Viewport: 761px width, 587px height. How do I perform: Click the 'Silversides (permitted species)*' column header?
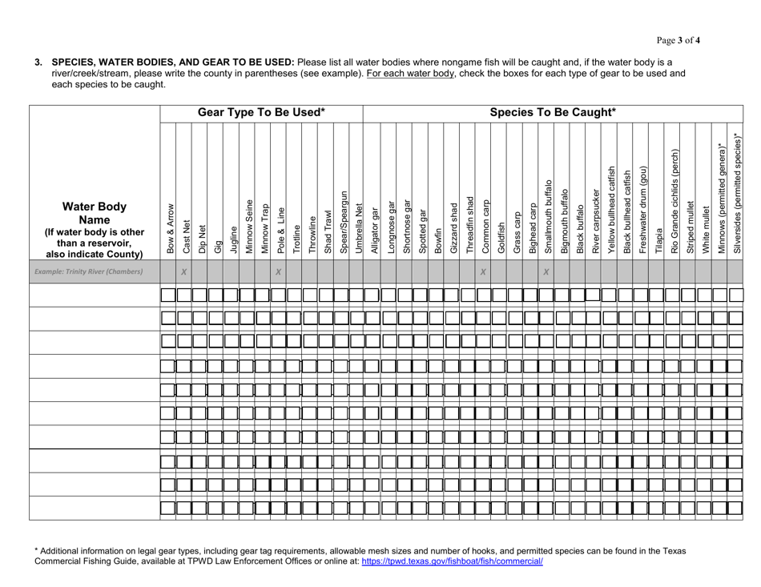pos(735,191)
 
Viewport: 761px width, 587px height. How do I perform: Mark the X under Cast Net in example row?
pos(184,272)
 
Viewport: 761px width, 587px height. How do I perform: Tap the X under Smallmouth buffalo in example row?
pos(546,272)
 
